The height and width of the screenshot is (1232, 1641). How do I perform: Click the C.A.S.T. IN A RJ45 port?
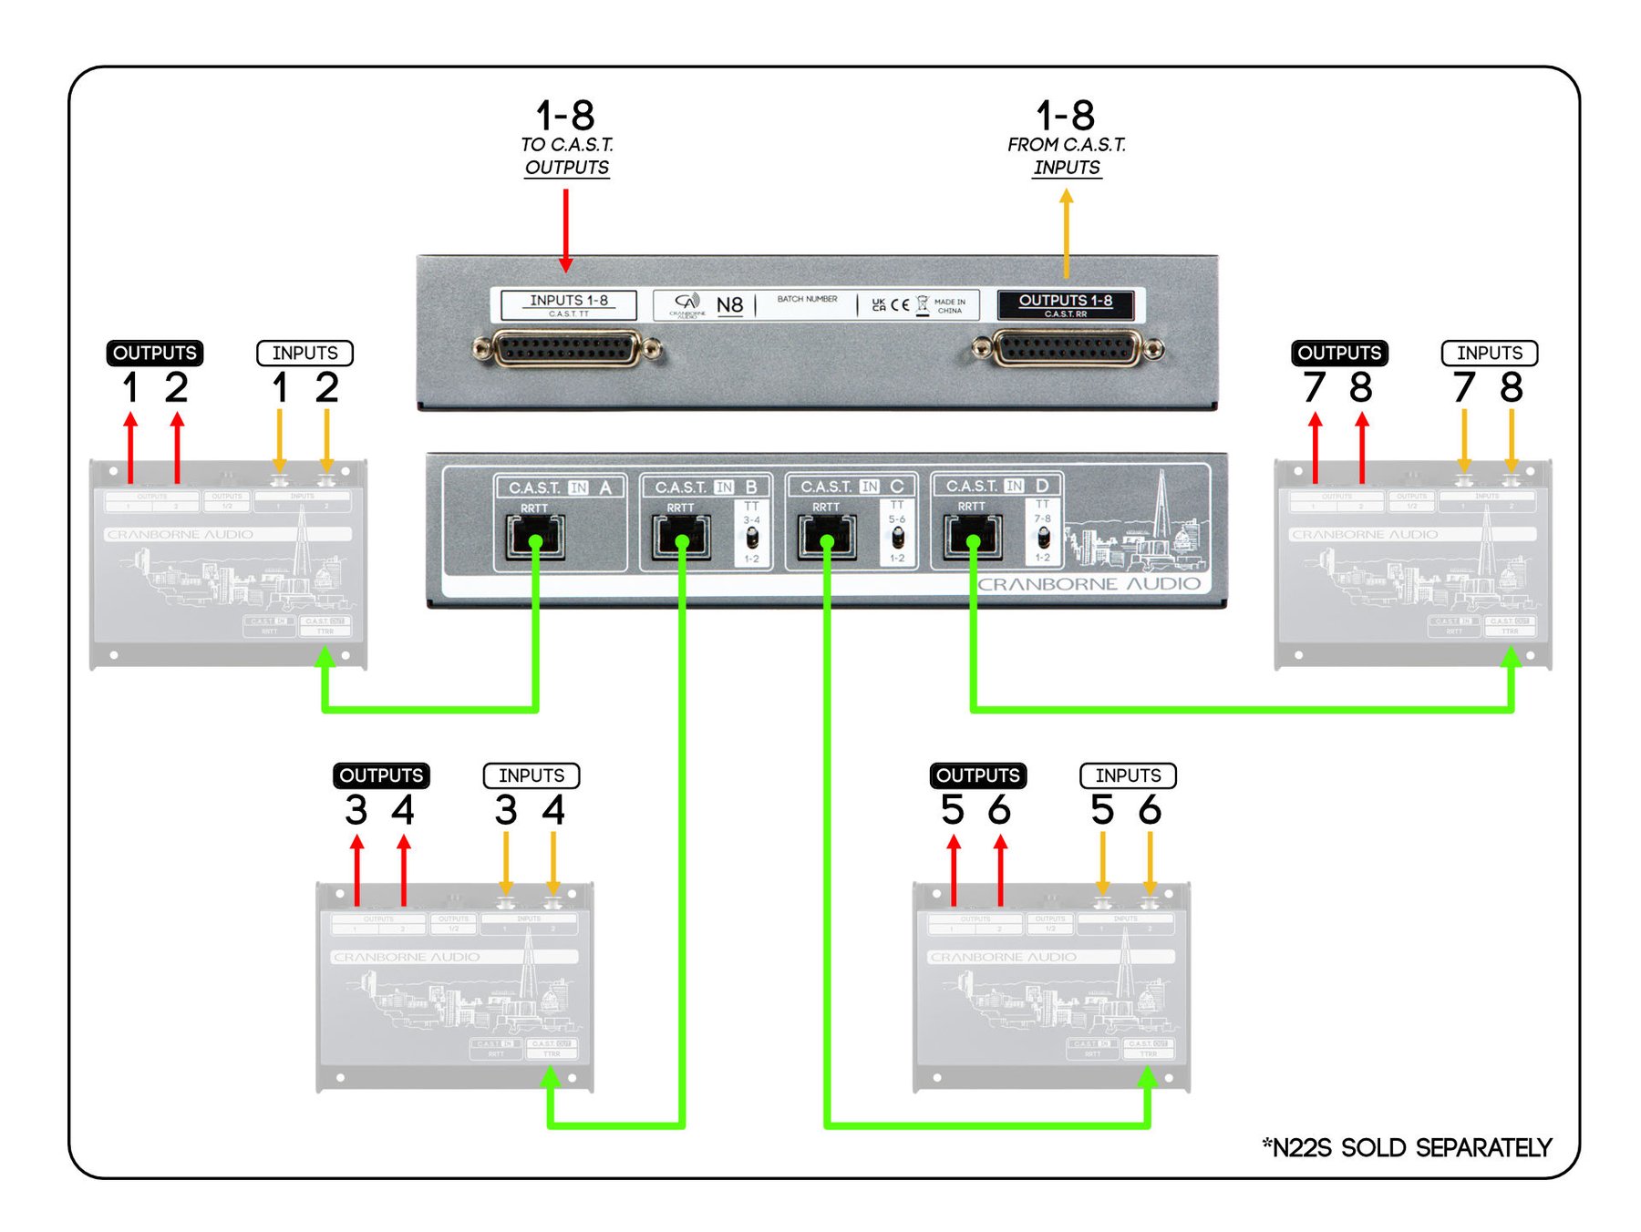click(534, 537)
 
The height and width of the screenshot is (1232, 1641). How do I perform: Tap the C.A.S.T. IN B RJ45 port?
click(681, 537)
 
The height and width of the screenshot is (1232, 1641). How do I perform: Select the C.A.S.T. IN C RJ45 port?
click(827, 537)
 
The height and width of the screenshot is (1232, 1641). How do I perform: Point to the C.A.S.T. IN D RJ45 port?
click(973, 536)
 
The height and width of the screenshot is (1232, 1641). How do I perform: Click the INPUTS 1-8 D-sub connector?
click(566, 348)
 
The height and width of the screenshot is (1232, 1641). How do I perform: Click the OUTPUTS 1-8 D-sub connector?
click(1067, 348)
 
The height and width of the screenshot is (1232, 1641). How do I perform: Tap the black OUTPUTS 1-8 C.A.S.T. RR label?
click(1066, 304)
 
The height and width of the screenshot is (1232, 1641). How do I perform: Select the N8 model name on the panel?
click(729, 305)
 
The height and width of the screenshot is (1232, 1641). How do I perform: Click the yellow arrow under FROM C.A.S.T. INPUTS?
click(1067, 232)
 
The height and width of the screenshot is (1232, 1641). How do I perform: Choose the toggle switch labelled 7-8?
click(1043, 537)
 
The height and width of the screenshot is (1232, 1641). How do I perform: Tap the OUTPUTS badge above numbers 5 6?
click(978, 775)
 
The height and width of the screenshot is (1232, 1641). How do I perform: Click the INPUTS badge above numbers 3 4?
click(532, 775)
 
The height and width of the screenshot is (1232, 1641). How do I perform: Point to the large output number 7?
click(1314, 387)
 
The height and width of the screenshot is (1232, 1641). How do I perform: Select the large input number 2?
click(327, 387)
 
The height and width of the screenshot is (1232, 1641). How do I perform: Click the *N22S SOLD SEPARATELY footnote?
click(1407, 1147)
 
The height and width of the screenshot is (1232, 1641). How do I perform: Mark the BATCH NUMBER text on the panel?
click(807, 299)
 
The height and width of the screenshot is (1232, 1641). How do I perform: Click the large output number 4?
click(403, 810)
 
